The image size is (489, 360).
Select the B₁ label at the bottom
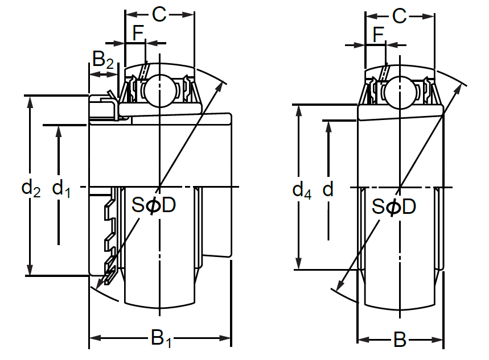[x=161, y=340]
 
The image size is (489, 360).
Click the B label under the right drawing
[x=400, y=340]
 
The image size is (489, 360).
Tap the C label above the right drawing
[x=400, y=16]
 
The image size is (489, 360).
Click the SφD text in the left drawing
[x=154, y=205]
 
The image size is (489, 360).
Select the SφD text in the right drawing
[x=394, y=206]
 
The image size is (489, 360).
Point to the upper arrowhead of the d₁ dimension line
[x=59, y=130]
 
